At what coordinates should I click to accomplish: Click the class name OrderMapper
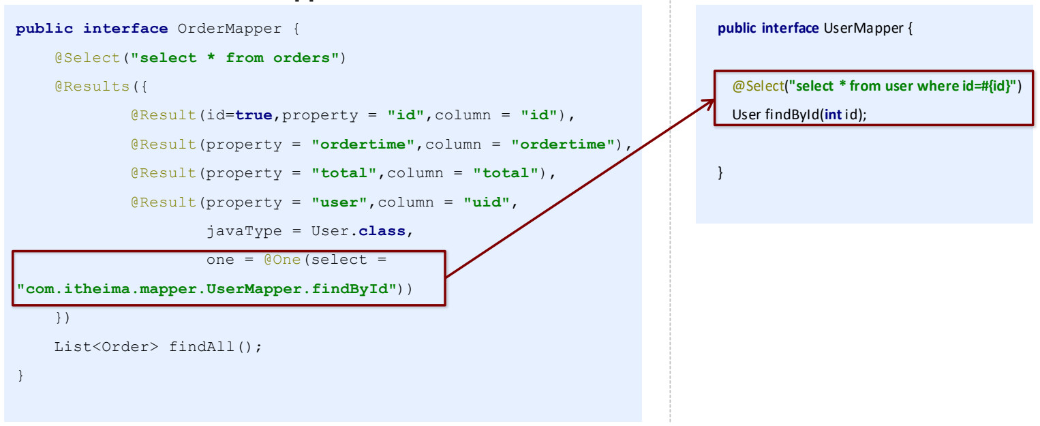click(230, 29)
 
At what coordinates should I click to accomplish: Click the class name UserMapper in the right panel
click(863, 29)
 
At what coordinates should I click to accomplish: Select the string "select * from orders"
click(234, 58)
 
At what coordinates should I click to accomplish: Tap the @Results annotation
click(92, 87)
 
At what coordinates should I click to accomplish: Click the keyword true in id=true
click(254, 115)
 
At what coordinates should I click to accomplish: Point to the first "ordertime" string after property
click(363, 144)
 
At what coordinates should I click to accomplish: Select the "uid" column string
click(487, 202)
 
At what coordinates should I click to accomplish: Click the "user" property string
click(339, 202)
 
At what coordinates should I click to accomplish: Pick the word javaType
click(244, 231)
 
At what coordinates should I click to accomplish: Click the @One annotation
click(282, 260)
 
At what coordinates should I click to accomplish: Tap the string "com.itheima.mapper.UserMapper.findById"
click(207, 289)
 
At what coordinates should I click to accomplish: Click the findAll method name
click(201, 346)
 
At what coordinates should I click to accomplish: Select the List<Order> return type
click(106, 346)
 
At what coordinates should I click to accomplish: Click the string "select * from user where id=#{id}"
click(902, 86)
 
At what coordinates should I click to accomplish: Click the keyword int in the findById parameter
click(833, 115)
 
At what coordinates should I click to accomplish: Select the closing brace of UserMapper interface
click(720, 173)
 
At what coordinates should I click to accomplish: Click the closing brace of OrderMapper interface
click(20, 376)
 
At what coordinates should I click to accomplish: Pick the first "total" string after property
click(343, 173)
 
